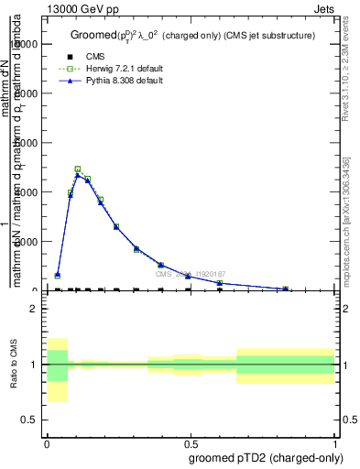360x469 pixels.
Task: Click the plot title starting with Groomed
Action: coord(192,36)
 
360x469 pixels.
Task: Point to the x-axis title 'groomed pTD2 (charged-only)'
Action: coord(263,457)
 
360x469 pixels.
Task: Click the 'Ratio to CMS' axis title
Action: coord(14,365)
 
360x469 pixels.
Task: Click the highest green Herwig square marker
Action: coord(77,169)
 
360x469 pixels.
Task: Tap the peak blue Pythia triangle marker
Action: coord(77,174)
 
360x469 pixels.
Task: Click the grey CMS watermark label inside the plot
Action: coord(190,274)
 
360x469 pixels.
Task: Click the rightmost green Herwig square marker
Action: coord(285,289)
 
